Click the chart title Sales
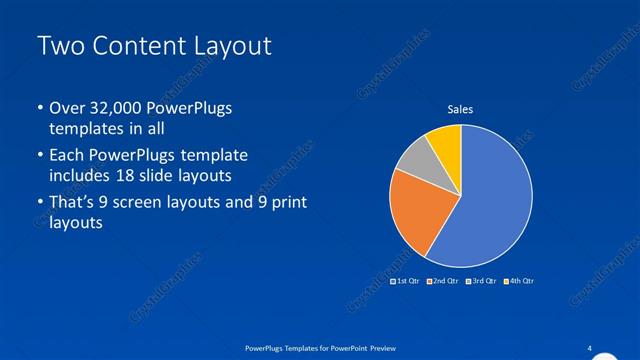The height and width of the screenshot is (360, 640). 460,109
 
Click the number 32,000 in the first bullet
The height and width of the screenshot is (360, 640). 125,108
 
